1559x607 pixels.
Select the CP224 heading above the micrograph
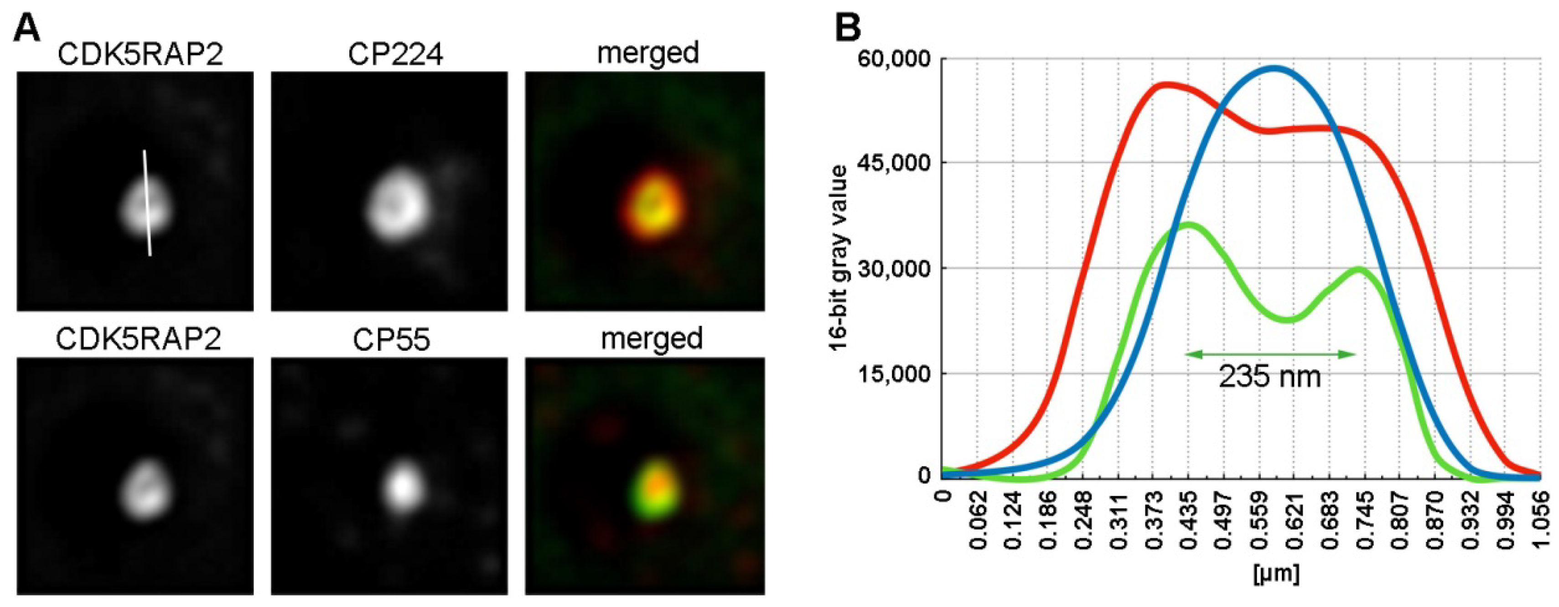pyautogui.click(x=395, y=54)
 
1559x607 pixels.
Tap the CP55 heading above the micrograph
pyautogui.click(x=392, y=339)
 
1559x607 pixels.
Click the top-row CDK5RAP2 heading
pyautogui.click(x=140, y=54)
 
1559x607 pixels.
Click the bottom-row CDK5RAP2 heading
pyautogui.click(x=139, y=339)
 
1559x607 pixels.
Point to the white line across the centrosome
pyautogui.click(x=147, y=203)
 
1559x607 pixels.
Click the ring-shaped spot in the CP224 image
pyautogui.click(x=396, y=206)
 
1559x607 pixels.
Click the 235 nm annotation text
pyautogui.click(x=1269, y=376)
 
